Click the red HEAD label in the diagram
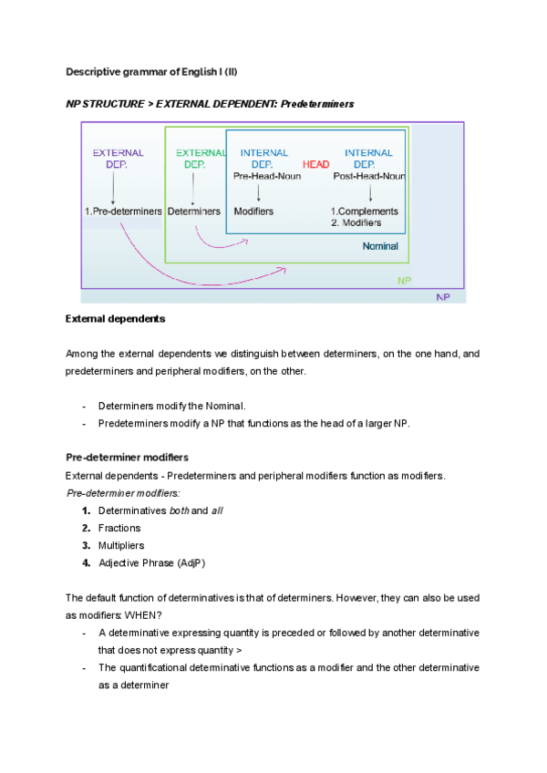tap(315, 164)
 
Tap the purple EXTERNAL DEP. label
tap(119, 159)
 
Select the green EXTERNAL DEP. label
tap(194, 159)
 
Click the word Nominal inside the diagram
tap(379, 246)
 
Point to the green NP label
tap(404, 282)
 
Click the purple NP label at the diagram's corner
tap(443, 297)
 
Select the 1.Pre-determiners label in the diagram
tap(123, 211)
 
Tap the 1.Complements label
tap(365, 211)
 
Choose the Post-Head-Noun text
tap(369, 175)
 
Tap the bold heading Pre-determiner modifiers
tap(127, 457)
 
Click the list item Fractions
tap(119, 528)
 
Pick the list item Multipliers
tap(121, 545)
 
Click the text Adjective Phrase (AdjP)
tap(151, 562)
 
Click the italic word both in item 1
tap(181, 510)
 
